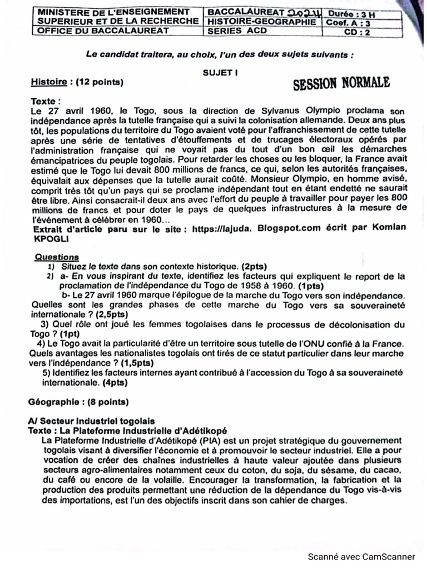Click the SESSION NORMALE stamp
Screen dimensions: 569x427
(x=341, y=83)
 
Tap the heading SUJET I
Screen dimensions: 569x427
(x=221, y=72)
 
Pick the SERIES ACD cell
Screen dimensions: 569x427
(x=237, y=31)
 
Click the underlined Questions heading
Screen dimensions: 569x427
(x=57, y=257)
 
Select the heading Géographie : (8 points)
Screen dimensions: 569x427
(x=78, y=401)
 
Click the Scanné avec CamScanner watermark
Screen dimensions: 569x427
(x=361, y=557)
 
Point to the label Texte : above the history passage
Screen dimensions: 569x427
(x=46, y=102)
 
